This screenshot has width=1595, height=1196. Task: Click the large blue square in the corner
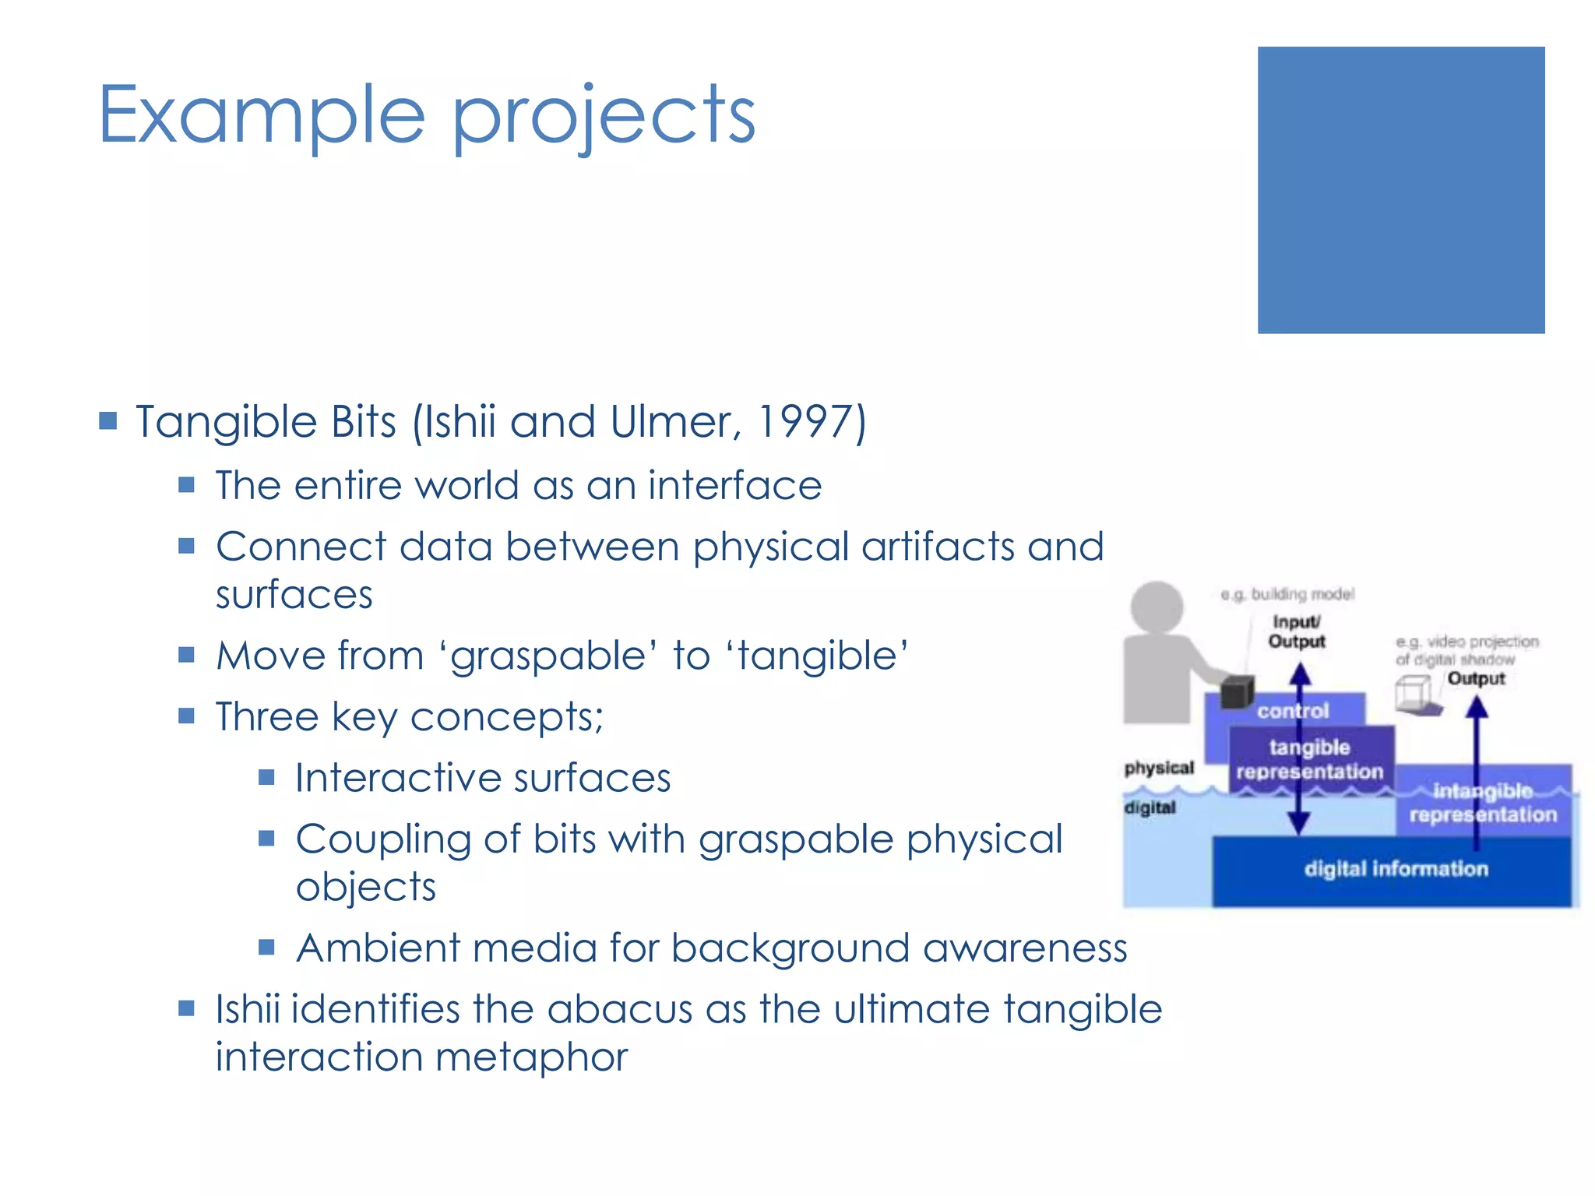click(x=1400, y=190)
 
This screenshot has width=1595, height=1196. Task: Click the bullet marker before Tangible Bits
click(x=108, y=422)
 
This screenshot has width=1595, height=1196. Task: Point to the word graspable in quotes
click(x=548, y=656)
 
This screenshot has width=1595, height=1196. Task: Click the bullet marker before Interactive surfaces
click(x=266, y=777)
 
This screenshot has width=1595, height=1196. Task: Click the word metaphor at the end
click(x=531, y=1057)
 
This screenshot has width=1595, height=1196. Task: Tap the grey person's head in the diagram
click(x=1157, y=606)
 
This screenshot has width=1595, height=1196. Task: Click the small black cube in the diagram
click(x=1237, y=691)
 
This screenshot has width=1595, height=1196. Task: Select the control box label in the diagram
click(x=1293, y=710)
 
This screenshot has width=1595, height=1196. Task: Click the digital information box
click(x=1396, y=869)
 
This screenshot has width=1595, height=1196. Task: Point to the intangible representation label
click(x=1482, y=803)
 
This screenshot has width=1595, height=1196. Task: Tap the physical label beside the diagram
click(x=1159, y=768)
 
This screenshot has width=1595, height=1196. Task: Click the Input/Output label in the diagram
click(x=1297, y=631)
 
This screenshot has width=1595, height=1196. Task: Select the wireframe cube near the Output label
click(x=1414, y=693)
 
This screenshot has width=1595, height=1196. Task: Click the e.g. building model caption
click(x=1288, y=594)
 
